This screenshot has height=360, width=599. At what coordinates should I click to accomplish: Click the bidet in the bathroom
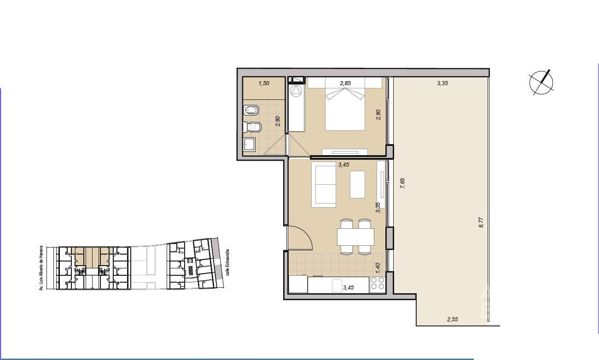tap(251, 110)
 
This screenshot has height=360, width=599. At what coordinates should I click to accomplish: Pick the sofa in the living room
tap(324, 185)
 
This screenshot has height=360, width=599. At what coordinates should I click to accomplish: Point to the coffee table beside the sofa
tap(358, 185)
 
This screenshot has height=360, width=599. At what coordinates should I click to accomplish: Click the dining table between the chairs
tap(355, 237)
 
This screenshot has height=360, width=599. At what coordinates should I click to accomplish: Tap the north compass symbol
tap(541, 82)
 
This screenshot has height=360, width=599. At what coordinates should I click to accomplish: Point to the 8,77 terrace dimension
tap(481, 222)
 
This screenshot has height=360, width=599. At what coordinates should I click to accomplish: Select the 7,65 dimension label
tap(402, 183)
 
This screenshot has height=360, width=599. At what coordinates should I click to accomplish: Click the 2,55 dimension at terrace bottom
tap(453, 319)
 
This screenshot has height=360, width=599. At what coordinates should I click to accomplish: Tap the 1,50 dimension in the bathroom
tap(264, 83)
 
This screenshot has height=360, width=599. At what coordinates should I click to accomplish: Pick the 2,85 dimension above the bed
tap(345, 83)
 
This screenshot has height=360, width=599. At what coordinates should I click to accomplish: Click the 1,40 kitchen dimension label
tap(378, 268)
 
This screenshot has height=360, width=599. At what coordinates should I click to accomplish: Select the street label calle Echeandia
tap(227, 262)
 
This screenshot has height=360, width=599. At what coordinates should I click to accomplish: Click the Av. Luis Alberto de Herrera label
tap(41, 268)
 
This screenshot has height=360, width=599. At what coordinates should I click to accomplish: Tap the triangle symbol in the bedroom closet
tap(296, 92)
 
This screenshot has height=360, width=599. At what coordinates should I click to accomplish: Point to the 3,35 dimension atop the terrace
tap(442, 83)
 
